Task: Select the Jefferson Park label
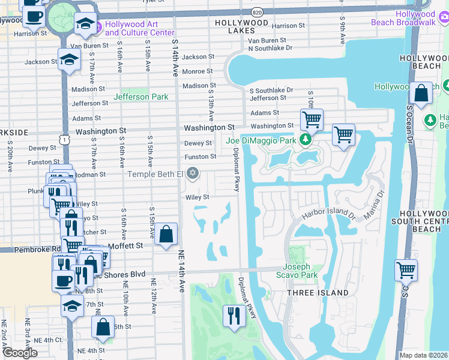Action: tap(141, 96)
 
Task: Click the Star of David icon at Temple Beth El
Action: tap(192, 174)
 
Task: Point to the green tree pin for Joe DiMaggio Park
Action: tap(306, 140)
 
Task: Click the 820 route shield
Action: tap(257, 11)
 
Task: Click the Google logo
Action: tap(20, 353)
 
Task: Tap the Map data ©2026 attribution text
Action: tap(423, 355)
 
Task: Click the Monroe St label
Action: tap(197, 71)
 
